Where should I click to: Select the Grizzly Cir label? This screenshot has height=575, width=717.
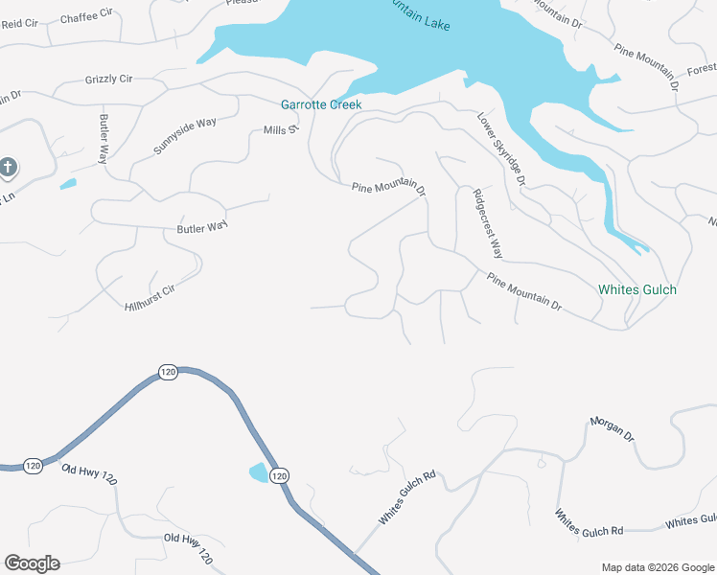108,79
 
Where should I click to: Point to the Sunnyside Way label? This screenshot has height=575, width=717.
185,136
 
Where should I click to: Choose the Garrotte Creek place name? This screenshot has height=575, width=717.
320,104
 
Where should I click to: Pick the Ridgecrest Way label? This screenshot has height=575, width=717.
488,223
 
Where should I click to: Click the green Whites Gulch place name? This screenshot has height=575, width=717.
636,289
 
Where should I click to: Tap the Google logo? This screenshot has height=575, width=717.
32,563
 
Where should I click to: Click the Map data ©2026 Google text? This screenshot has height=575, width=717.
657,567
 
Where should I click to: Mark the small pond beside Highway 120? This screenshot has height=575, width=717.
259,472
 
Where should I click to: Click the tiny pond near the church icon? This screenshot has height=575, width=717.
67,183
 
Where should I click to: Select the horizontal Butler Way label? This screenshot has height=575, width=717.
202,228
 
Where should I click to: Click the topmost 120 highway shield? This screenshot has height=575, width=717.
168,372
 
